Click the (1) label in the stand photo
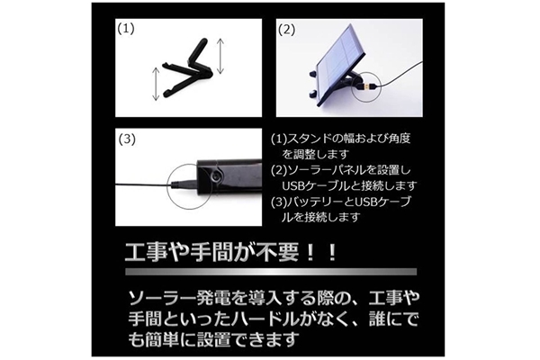point(126,29)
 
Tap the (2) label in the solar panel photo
point(286,31)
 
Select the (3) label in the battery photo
point(127,139)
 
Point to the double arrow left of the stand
point(156,84)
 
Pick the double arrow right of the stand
point(220,56)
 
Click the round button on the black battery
point(216,175)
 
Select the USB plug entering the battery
point(184,184)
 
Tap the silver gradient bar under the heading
point(271,272)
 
